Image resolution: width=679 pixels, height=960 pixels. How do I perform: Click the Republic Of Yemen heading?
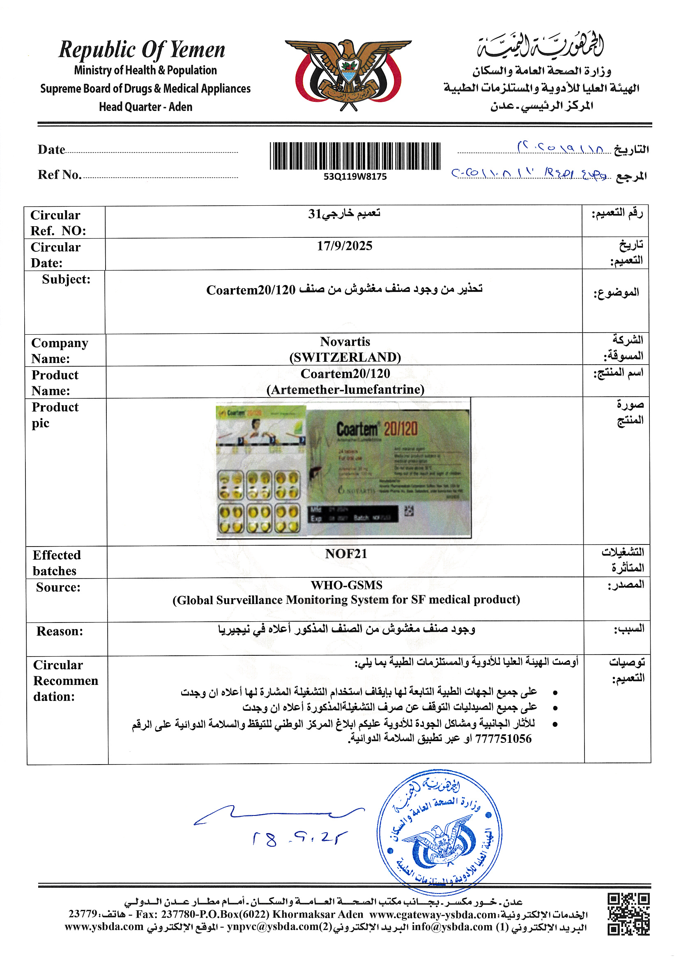click(x=142, y=50)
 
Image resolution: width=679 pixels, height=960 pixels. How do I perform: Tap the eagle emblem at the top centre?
click(x=348, y=74)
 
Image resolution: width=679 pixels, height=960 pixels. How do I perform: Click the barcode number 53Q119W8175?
click(x=355, y=177)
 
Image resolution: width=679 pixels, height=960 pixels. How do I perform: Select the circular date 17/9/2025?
click(x=344, y=246)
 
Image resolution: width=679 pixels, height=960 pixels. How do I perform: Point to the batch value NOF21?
click(x=346, y=553)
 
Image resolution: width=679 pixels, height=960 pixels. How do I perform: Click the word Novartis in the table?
click(x=345, y=342)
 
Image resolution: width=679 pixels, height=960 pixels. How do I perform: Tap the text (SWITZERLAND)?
click(x=345, y=357)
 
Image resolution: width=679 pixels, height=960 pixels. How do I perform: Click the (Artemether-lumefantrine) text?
click(x=345, y=389)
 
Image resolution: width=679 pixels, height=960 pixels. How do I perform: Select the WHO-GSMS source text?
click(x=346, y=585)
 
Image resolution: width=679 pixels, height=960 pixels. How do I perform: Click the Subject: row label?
click(x=66, y=279)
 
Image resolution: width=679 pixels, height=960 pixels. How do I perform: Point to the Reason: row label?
click(x=60, y=631)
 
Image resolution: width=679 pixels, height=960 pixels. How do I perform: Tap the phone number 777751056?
click(x=503, y=738)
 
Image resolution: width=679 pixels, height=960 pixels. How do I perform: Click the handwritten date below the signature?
click(x=299, y=838)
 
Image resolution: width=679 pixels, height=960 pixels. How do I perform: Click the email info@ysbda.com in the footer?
click(x=452, y=927)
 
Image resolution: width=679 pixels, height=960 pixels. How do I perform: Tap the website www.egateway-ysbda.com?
click(x=433, y=914)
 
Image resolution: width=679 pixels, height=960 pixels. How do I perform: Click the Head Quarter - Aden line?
click(x=145, y=107)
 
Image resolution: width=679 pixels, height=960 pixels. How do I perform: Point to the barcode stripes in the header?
click(x=355, y=156)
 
